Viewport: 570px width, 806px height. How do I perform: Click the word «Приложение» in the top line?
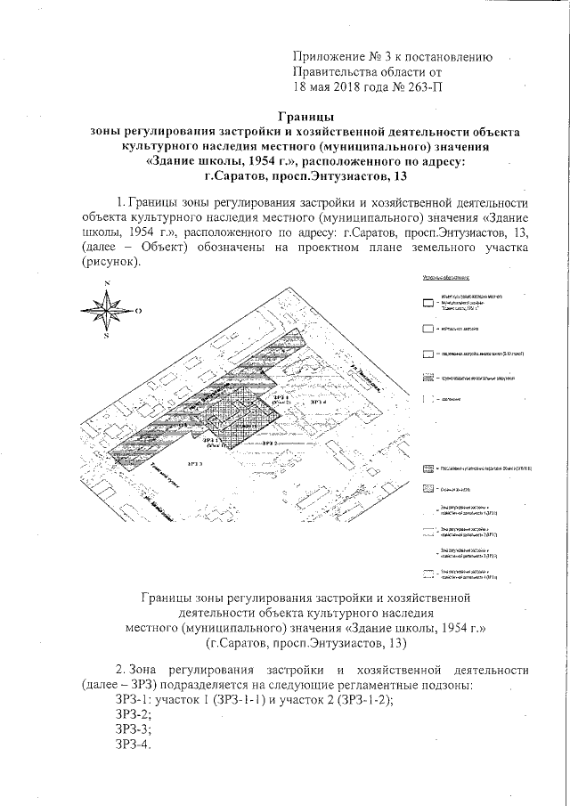[329, 57]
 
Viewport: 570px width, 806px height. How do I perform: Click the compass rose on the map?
[106, 311]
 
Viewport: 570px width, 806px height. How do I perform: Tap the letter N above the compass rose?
[107, 283]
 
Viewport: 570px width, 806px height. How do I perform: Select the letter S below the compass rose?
[105, 338]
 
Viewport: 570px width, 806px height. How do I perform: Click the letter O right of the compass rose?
[139, 311]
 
